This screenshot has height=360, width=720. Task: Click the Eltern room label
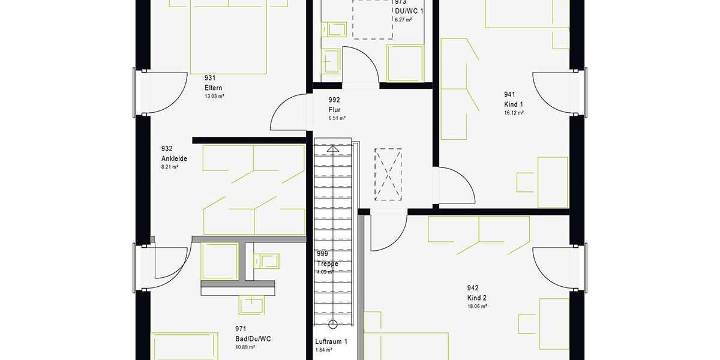point(214,88)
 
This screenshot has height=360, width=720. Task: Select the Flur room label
point(335,110)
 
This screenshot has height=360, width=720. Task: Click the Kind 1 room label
point(514,104)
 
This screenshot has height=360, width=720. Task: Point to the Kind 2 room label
point(477,298)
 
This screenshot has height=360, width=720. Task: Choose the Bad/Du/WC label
point(253,338)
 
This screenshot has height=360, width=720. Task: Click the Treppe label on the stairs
point(328,263)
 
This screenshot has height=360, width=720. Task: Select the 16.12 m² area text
point(514,113)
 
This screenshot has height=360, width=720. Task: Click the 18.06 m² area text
point(477,306)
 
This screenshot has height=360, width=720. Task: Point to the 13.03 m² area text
point(214,96)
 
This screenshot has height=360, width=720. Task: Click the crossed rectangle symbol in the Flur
point(388,174)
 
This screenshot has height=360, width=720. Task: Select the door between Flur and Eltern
point(289,112)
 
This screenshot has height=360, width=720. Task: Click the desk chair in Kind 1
point(525,182)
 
